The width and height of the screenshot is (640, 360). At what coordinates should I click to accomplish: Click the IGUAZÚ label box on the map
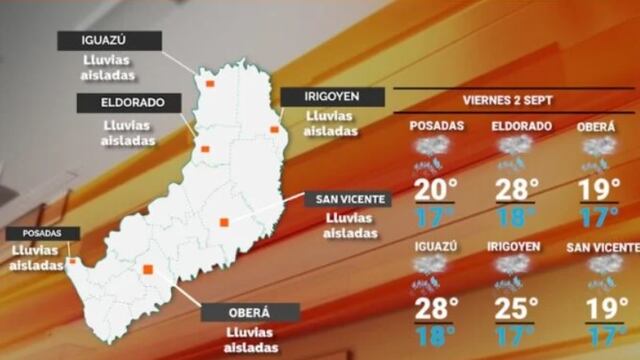109,40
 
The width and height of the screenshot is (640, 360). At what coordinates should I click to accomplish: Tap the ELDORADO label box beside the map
127,103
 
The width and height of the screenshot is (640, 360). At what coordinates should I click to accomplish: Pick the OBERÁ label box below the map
249,312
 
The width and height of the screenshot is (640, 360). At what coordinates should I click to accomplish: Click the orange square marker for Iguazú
210,85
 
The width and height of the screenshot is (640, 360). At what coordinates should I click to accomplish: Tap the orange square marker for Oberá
148,268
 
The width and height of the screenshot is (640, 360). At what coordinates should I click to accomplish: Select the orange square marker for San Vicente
224,222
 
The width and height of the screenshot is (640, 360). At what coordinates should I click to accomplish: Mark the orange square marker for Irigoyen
274,130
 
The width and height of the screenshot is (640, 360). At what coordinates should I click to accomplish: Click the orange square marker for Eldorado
205,149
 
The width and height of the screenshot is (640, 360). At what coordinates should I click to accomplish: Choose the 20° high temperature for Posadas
437,190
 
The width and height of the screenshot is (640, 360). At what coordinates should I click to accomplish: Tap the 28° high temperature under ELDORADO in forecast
516,190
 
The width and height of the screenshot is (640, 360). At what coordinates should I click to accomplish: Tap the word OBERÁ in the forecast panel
598,126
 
